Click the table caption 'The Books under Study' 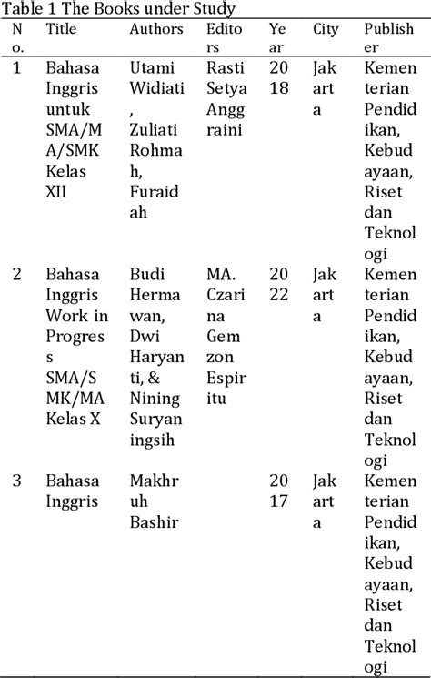[x=118, y=9]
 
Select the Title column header [x=62, y=29]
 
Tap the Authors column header [x=156, y=29]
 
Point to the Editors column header [x=225, y=38]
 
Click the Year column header [x=277, y=38]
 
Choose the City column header [x=326, y=29]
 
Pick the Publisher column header [x=386, y=38]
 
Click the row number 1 [x=17, y=68]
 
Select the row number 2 [x=17, y=274]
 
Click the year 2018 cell [x=277, y=78]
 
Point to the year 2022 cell [x=277, y=284]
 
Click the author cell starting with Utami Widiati [x=155, y=150]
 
